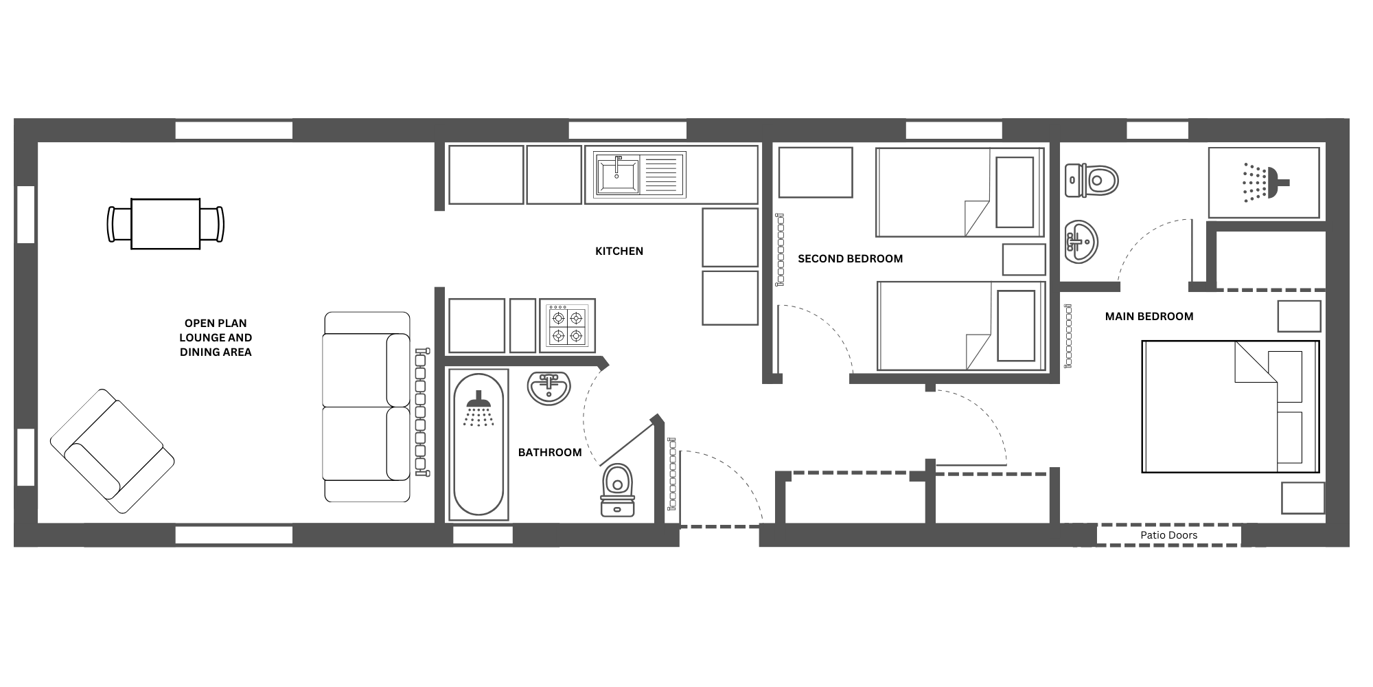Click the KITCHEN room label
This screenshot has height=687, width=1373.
point(619,251)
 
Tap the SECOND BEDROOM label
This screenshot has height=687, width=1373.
point(850,259)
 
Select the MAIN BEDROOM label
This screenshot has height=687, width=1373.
point(1149,317)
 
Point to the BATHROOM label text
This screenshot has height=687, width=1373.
point(550,453)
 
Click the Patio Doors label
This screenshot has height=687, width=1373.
point(1169,535)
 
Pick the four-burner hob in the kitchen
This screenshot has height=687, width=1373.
point(567,326)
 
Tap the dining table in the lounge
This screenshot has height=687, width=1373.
point(165,224)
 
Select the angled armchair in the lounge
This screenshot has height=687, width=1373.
point(112,451)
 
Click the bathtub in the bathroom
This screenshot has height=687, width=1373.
point(478,445)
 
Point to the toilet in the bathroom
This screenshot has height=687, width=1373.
point(618,490)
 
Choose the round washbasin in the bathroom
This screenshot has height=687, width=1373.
point(549,388)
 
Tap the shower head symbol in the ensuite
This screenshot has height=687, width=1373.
point(1265,182)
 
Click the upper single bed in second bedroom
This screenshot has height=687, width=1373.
point(960,192)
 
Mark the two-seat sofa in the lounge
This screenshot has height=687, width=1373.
point(367,407)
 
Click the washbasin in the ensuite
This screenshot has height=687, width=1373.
point(1081,242)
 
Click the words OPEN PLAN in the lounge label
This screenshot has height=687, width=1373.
point(216,323)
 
